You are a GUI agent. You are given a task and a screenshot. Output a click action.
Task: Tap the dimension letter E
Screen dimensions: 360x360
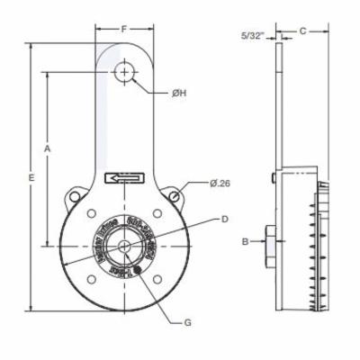31,179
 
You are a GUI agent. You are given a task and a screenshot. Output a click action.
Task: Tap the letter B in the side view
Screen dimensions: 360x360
244,241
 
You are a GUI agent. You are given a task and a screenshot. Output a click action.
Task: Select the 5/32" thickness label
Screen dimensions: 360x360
254,36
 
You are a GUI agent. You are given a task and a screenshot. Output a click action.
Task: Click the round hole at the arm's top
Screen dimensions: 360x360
124,71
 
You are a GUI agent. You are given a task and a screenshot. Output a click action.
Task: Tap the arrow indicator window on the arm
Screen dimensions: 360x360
123,178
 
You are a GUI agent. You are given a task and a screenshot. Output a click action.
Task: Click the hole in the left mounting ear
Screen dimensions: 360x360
73,195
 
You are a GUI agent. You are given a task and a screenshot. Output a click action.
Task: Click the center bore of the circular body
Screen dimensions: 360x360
125,244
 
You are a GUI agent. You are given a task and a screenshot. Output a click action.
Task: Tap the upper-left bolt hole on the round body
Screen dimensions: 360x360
92,212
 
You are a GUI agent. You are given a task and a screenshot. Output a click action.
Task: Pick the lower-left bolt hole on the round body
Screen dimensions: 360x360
92,276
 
